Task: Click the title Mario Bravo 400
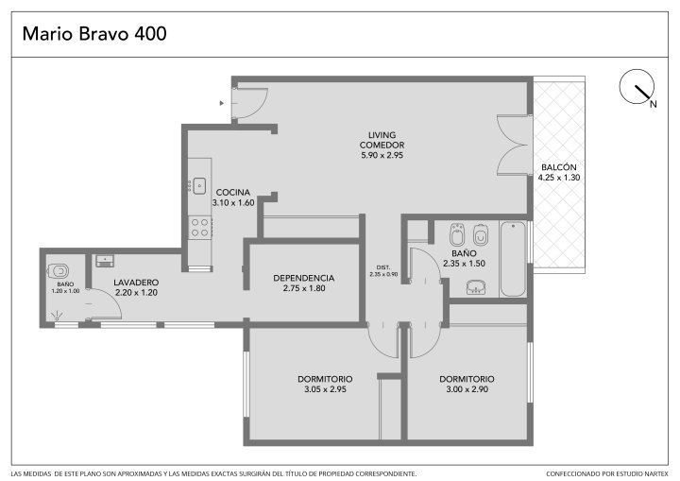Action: [94, 34]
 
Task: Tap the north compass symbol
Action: [637, 87]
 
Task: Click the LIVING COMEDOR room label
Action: [382, 140]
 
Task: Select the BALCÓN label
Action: [558, 167]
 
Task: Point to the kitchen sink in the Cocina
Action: [199, 186]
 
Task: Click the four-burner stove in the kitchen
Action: [200, 228]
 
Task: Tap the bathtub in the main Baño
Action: [513, 259]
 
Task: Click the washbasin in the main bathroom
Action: [476, 287]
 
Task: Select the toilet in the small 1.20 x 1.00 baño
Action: [59, 271]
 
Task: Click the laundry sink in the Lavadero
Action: [105, 261]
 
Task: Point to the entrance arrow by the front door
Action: [222, 103]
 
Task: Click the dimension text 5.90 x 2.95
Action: [382, 155]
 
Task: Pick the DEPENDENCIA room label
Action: [303, 278]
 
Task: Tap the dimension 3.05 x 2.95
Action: [325, 389]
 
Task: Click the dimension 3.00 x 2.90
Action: [467, 389]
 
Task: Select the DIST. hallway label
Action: [383, 267]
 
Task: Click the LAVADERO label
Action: [136, 283]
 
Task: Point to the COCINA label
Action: [233, 193]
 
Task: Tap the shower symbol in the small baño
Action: [57, 316]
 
